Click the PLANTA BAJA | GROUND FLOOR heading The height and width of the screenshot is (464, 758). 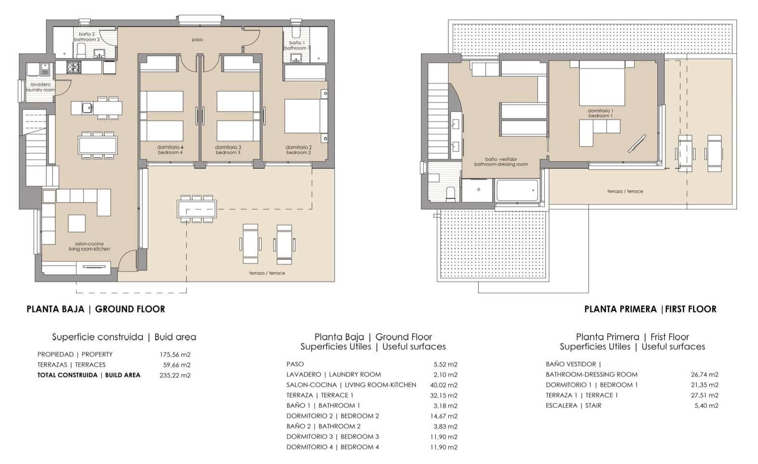pyautogui.click(x=96, y=309)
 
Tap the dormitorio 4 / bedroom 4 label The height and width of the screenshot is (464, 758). pyautogui.click(x=170, y=150)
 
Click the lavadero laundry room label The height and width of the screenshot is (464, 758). pyautogui.click(x=40, y=87)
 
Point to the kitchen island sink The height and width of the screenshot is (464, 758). pyautogui.click(x=87, y=107)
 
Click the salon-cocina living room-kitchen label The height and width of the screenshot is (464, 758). pyautogui.click(x=89, y=246)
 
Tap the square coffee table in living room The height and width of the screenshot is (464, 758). pyautogui.click(x=77, y=223)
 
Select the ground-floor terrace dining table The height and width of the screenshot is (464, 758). pyautogui.click(x=196, y=208)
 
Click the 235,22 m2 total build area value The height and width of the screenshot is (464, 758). pyautogui.click(x=175, y=375)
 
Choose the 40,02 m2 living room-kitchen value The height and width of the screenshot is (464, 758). pyautogui.click(x=445, y=385)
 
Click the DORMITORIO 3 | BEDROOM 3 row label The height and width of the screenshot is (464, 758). pyautogui.click(x=332, y=437)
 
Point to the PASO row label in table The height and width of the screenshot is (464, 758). pyautogui.click(x=295, y=364)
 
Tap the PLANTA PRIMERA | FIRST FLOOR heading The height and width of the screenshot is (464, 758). pyautogui.click(x=650, y=309)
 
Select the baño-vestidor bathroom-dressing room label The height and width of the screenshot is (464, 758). pyautogui.click(x=501, y=162)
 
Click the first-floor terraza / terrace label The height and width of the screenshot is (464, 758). pyautogui.click(x=625, y=191)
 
